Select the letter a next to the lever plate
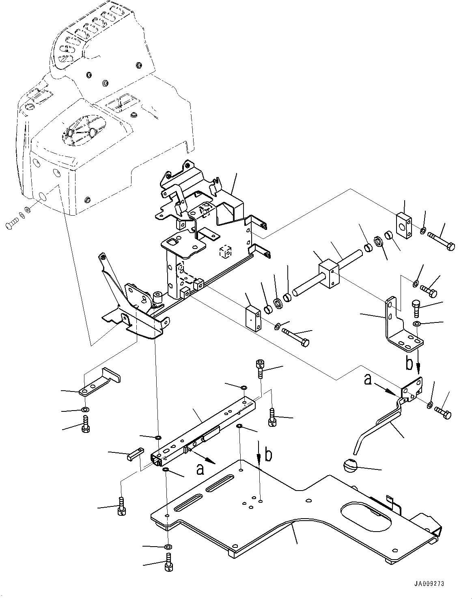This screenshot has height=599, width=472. tap(368, 380)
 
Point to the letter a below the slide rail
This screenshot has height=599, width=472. tap(200, 469)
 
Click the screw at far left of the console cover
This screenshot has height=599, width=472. tap(12, 222)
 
